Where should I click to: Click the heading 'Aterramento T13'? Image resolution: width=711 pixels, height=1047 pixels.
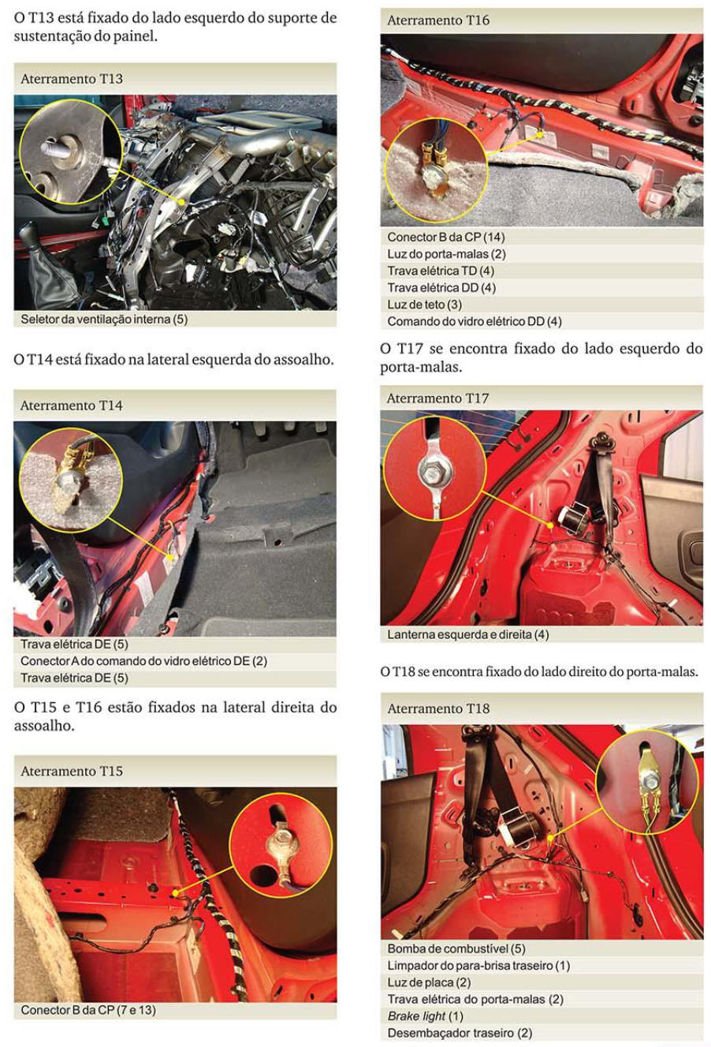[x=72, y=79]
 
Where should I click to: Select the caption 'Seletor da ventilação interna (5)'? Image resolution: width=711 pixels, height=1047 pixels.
[x=104, y=320]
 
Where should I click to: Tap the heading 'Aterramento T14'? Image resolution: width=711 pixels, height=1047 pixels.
[x=72, y=406]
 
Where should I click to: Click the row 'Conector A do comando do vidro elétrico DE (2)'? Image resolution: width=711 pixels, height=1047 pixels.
[x=143, y=661]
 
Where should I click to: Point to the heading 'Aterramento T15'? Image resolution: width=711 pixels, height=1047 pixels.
[x=72, y=771]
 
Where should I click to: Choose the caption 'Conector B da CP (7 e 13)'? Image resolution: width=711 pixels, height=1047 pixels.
[x=88, y=1010]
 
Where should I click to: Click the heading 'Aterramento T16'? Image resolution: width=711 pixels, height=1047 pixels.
[x=438, y=20]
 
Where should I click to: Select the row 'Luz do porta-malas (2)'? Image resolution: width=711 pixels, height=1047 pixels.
[x=447, y=254]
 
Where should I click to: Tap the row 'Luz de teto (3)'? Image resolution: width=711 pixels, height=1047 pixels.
[x=425, y=305]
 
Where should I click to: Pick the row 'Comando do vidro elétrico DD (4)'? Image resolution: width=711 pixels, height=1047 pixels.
[x=475, y=321]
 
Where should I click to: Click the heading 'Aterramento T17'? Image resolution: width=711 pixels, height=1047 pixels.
[x=438, y=398]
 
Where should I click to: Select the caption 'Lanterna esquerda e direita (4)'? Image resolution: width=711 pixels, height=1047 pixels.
[x=468, y=634]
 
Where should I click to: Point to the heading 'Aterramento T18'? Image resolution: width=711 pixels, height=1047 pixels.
[x=438, y=709]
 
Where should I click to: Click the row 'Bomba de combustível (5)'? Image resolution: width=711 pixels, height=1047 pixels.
[x=456, y=948]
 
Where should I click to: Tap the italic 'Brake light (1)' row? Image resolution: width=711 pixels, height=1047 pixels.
[x=426, y=1015]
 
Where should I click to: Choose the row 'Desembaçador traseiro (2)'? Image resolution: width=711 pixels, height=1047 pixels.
[x=460, y=1033]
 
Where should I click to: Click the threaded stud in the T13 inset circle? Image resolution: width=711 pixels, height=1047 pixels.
[x=55, y=150]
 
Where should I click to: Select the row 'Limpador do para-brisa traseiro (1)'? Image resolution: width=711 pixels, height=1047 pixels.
[x=478, y=965]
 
